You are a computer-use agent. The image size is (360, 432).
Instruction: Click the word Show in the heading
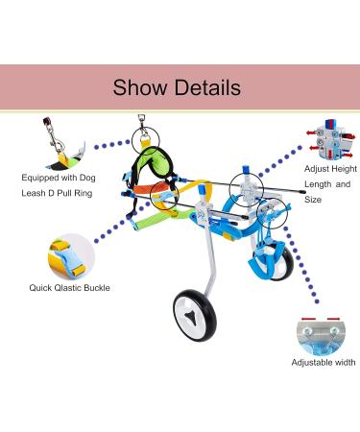pyautogui.click(x=141, y=88)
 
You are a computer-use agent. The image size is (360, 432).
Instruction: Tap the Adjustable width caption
pyautogui.click(x=324, y=363)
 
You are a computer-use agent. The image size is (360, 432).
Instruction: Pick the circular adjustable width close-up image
pyautogui.click(x=320, y=332)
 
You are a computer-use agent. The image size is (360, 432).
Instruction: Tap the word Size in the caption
pyautogui.click(x=315, y=199)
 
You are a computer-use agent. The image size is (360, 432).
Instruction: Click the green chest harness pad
pyautogui.click(x=151, y=167)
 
